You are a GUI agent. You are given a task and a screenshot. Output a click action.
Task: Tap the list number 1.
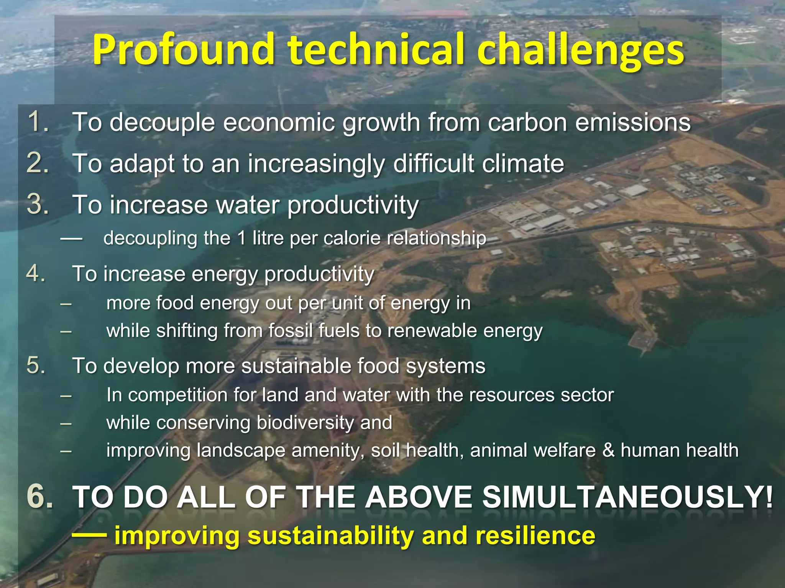pyautogui.click(x=38, y=122)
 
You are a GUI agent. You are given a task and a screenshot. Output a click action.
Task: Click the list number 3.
pyautogui.click(x=38, y=204)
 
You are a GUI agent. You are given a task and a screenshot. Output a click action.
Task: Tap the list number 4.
pyautogui.click(x=36, y=274)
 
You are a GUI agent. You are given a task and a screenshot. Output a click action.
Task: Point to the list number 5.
pyautogui.click(x=36, y=365)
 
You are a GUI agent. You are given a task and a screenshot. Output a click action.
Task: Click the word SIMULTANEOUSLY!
pyautogui.click(x=627, y=497)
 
